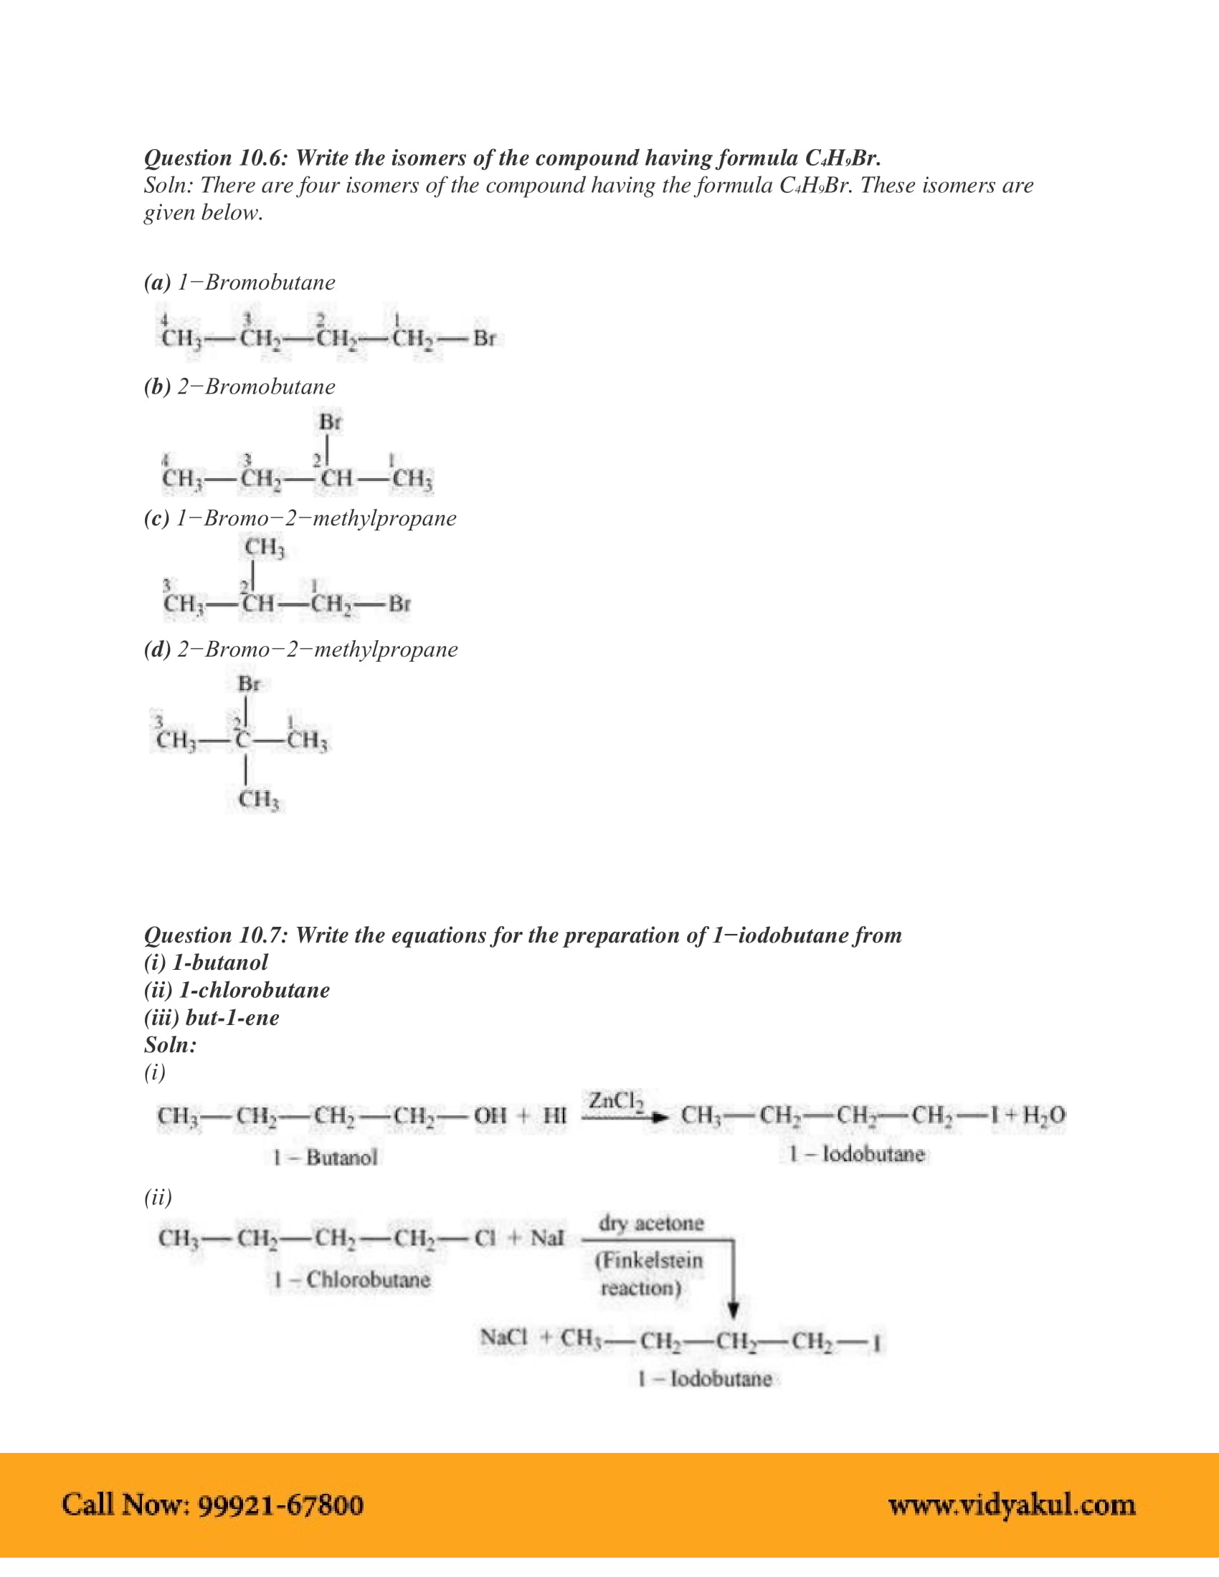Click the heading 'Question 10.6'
pyautogui.click(x=217, y=158)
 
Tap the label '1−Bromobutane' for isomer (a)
pyautogui.click(x=257, y=282)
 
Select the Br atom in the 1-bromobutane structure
pyautogui.click(x=485, y=338)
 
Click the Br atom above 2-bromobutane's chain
pyautogui.click(x=330, y=422)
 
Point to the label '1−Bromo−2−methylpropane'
pyautogui.click(x=316, y=518)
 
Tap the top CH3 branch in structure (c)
pyautogui.click(x=265, y=548)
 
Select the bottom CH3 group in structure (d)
pyautogui.click(x=259, y=799)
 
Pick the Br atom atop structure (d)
pyautogui.click(x=249, y=684)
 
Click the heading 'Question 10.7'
pyautogui.click(x=217, y=935)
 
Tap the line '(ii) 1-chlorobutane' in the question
pyautogui.click(x=237, y=990)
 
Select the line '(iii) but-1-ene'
pyautogui.click(x=212, y=1017)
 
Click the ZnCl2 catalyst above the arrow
pyautogui.click(x=615, y=1101)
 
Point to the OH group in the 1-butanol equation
pyautogui.click(x=490, y=1115)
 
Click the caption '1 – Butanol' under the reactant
pyautogui.click(x=325, y=1158)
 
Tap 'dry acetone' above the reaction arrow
pyautogui.click(x=650, y=1223)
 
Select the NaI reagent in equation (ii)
pyautogui.click(x=546, y=1239)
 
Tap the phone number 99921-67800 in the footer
pyautogui.click(x=280, y=1505)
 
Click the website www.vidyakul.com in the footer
pyautogui.click(x=1012, y=1505)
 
